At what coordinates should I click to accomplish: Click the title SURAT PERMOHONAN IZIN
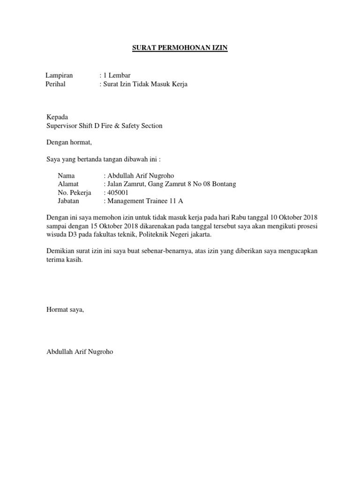180,48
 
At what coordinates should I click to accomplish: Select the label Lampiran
60,75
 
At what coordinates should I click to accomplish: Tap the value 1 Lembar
117,75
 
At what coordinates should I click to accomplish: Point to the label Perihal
55,84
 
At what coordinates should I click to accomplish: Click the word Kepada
57,117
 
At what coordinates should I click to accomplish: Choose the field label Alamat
68,184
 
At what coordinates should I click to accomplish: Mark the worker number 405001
118,193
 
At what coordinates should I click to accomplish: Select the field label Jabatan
69,201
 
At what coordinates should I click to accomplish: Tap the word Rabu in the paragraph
232,217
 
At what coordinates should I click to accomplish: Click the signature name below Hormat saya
80,351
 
